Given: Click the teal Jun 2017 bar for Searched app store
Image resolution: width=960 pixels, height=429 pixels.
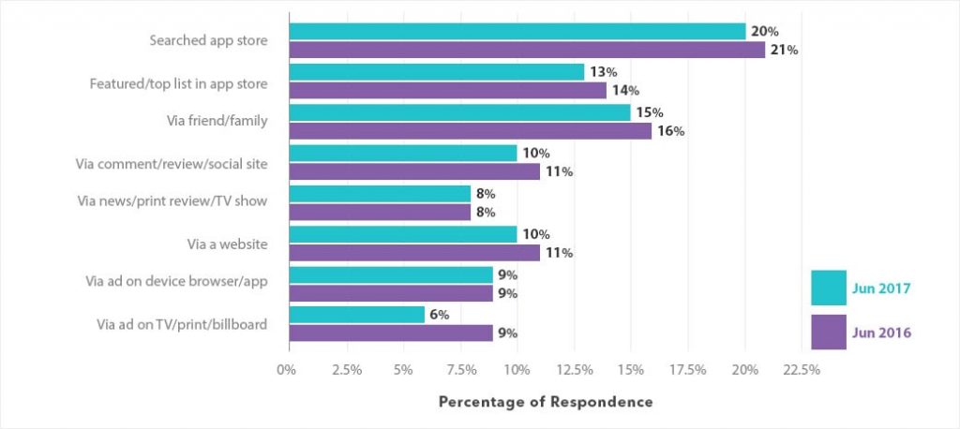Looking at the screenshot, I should [517, 32].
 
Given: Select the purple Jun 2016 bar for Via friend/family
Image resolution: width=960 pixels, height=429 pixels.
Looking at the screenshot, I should [470, 131].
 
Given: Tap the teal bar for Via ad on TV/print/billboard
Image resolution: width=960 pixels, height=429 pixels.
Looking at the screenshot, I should [356, 315].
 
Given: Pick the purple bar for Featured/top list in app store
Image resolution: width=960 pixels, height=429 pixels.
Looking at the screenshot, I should [447, 91].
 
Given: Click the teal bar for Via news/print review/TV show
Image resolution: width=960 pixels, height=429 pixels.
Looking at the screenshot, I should [380, 194].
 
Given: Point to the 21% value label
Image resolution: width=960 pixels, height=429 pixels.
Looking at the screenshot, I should [785, 51].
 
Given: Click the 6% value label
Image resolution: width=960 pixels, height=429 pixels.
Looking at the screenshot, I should [439, 315].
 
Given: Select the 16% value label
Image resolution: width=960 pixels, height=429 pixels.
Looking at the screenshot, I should [671, 131].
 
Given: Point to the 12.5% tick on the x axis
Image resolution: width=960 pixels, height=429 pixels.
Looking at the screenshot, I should [574, 369].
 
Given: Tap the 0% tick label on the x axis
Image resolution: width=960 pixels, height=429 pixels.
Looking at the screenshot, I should [287, 369].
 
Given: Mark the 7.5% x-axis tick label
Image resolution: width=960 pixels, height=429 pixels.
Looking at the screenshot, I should [459, 369].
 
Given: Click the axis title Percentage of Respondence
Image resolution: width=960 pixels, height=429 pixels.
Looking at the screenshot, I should [546, 402].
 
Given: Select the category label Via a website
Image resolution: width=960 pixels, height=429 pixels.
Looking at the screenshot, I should [228, 244].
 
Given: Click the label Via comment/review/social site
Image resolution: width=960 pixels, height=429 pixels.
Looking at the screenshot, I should [172, 163].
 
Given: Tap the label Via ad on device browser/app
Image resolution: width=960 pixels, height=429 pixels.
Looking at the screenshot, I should [176, 284].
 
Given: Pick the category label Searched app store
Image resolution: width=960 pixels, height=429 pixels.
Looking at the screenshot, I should [208, 41].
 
